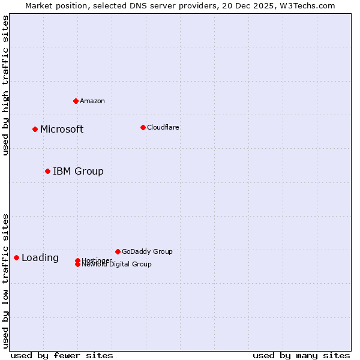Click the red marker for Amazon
pyautogui.click(x=76, y=101)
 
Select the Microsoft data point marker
pyautogui.click(x=35, y=129)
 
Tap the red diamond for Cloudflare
pyautogui.click(x=143, y=127)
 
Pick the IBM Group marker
pyautogui.click(x=47, y=171)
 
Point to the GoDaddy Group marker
pyautogui.click(x=118, y=251)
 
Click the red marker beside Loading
pyautogui.click(x=16, y=257)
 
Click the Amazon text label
pyautogui.click(x=92, y=101)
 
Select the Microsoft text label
pyautogui.click(x=62, y=130)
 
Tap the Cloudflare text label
pyautogui.click(x=163, y=127)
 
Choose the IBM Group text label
pyautogui.click(x=78, y=172)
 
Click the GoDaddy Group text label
pyautogui.click(x=147, y=251)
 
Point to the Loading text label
pyautogui.click(x=40, y=258)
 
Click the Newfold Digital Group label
pyautogui.click(x=117, y=265)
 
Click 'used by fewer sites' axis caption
pyautogui.click(x=62, y=355)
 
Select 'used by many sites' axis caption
pyautogui.click(x=301, y=355)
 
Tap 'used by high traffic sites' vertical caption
pyautogui.click(x=5, y=85)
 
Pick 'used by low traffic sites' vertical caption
pyautogui.click(x=5, y=280)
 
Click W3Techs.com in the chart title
pyautogui.click(x=307, y=5)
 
